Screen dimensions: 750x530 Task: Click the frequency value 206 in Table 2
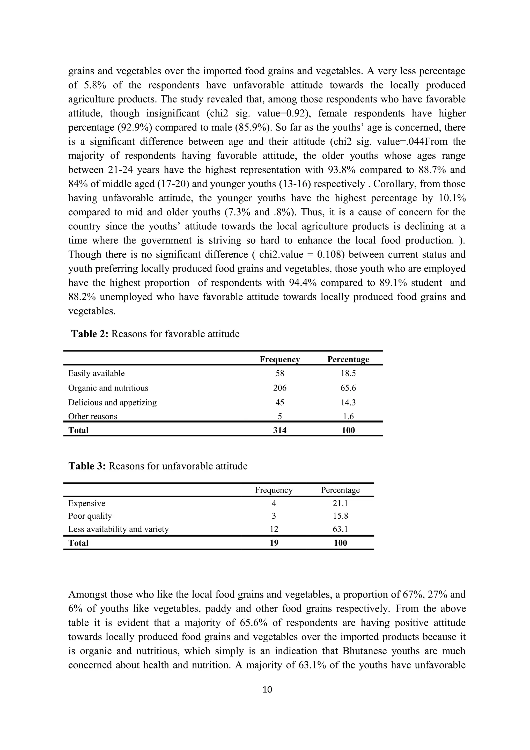(x=279, y=388)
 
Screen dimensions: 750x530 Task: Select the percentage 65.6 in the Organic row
(x=348, y=388)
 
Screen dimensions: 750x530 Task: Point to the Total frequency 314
(x=279, y=430)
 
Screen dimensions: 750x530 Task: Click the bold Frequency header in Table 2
(x=279, y=359)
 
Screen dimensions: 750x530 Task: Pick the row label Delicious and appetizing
(x=112, y=402)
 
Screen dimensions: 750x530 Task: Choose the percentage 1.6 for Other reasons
(x=348, y=416)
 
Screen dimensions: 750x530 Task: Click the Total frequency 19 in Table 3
(x=274, y=543)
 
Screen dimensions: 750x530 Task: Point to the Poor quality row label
(x=90, y=516)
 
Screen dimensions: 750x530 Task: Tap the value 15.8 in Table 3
(x=340, y=516)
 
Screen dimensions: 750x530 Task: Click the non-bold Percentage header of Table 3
(x=340, y=490)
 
